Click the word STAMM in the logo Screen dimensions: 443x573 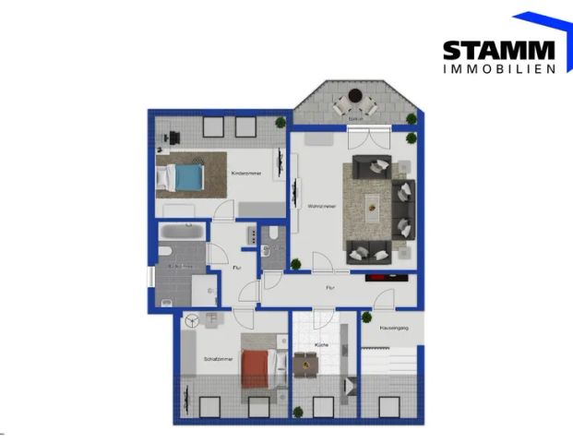[498, 50]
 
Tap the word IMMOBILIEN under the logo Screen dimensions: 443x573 [498, 68]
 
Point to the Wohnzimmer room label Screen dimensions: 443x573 [321, 206]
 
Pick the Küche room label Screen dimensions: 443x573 [321, 344]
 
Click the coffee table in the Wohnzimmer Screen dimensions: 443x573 [373, 206]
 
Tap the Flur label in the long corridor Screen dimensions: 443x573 [329, 288]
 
